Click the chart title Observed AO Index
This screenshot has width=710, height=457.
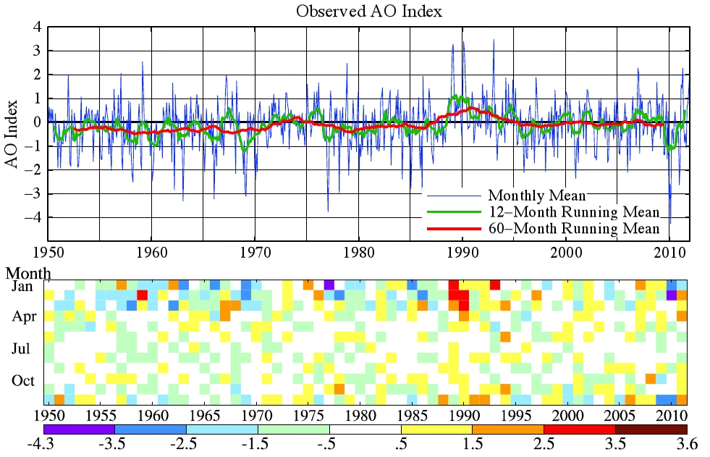click(x=368, y=12)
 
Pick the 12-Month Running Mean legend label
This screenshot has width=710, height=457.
click(x=574, y=212)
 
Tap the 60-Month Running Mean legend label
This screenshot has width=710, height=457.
click(x=574, y=229)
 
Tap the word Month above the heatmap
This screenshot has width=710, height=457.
click(x=28, y=274)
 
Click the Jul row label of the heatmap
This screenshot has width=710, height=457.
click(x=22, y=349)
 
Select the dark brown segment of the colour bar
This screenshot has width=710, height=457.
click(x=650, y=429)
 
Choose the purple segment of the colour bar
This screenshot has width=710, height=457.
click(x=79, y=429)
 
